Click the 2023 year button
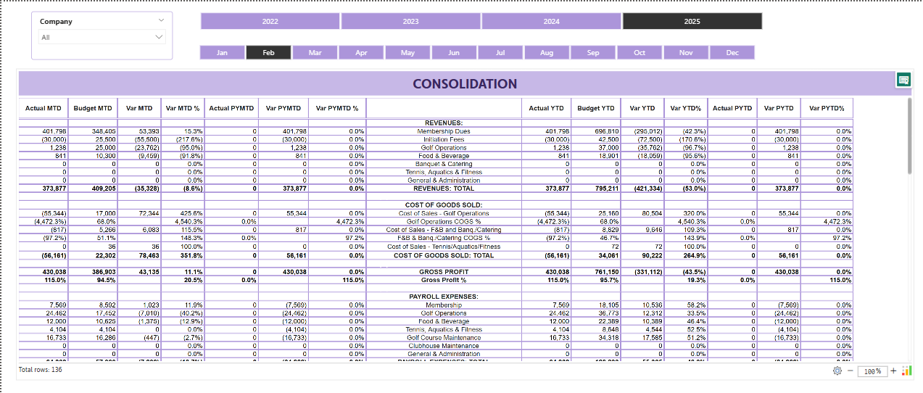tap(410, 22)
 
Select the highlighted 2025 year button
tap(692, 22)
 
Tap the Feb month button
tap(268, 53)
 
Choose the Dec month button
tap(732, 53)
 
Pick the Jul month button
tap(500, 53)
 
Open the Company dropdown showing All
tap(102, 37)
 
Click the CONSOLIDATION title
tap(465, 84)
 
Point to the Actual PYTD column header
tap(732, 108)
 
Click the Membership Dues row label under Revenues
tap(444, 131)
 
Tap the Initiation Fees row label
tap(444, 139)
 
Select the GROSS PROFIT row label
tap(444, 271)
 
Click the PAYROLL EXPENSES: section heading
tap(444, 297)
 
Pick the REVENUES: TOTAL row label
tap(444, 189)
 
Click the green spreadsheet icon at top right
tap(903, 80)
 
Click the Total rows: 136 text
tap(40, 370)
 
